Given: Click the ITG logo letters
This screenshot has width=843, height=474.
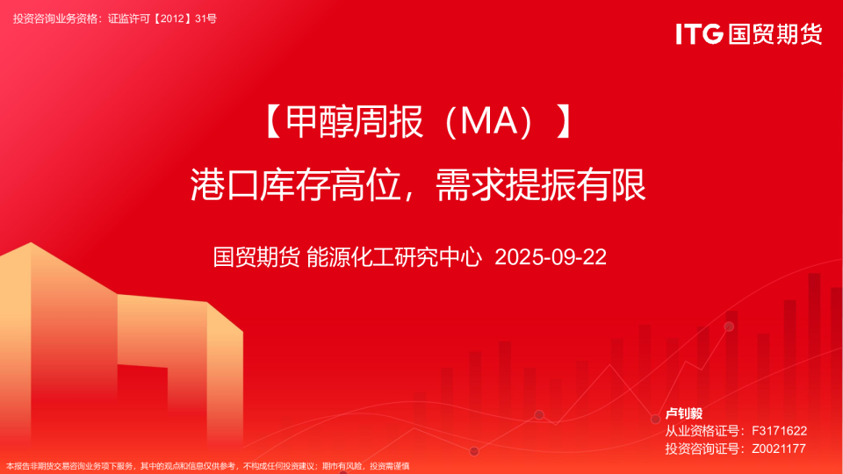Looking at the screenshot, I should pyautogui.click(x=699, y=33).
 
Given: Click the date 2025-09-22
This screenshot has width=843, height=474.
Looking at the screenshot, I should pyautogui.click(x=551, y=257).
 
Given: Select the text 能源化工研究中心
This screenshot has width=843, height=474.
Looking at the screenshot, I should pyautogui.click(x=395, y=257).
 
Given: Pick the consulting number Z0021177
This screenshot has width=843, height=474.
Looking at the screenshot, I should pyautogui.click(x=779, y=449).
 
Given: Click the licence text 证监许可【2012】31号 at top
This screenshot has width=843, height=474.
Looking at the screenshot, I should pyautogui.click(x=162, y=18).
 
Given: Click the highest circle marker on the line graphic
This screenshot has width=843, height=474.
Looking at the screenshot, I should pyautogui.click(x=729, y=327).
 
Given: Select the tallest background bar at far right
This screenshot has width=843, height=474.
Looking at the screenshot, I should pyautogui.click(x=814, y=351).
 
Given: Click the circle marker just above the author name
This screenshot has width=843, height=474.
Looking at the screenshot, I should pyautogui.click(x=655, y=420).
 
